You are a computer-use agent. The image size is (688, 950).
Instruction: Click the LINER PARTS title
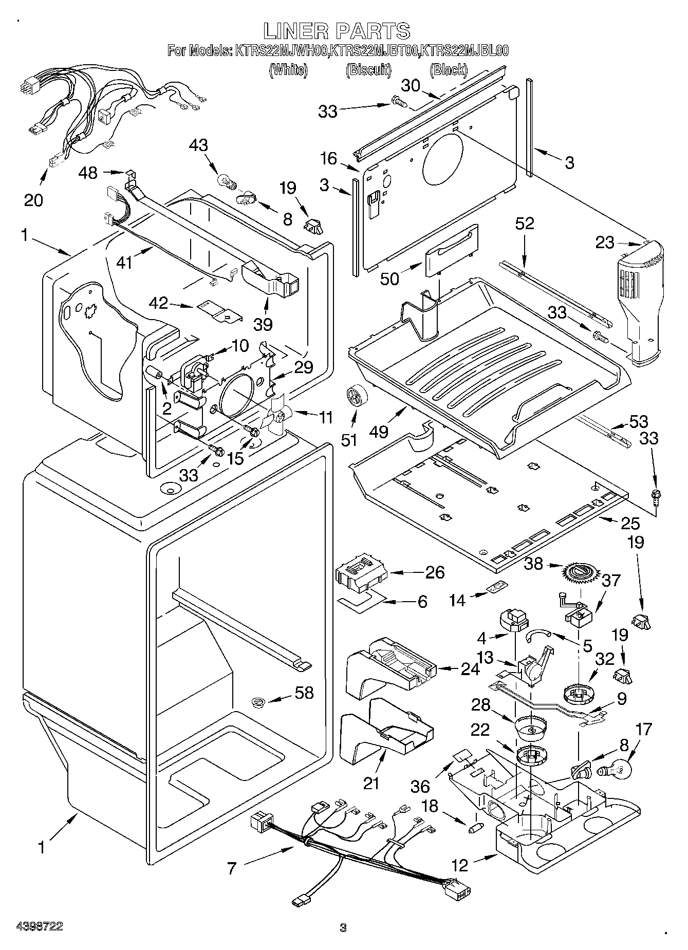337,31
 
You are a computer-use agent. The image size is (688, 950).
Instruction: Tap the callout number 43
198,145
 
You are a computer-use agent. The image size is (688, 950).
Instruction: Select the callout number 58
304,693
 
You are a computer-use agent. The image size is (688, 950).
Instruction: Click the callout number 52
525,223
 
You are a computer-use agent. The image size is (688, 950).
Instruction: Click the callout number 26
435,572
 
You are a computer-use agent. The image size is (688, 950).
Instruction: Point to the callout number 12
460,866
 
